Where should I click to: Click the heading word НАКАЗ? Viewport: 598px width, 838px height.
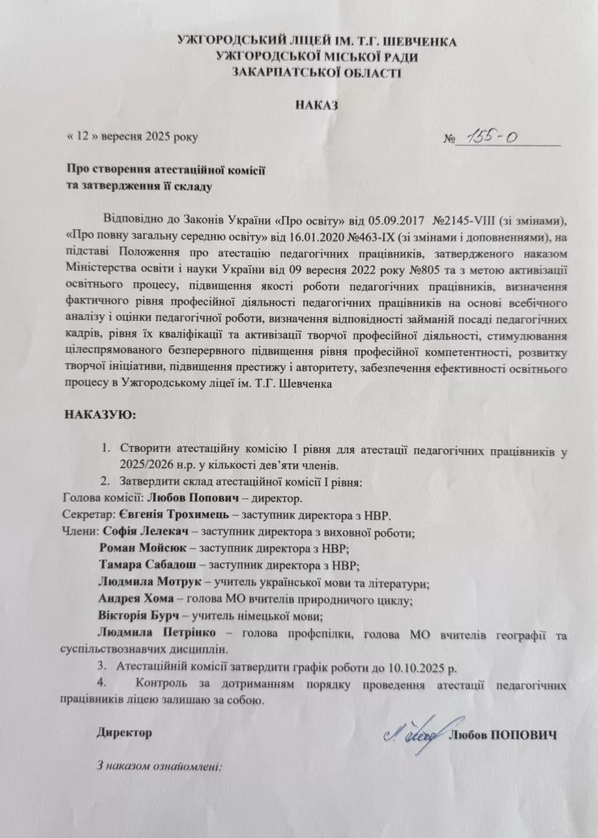click(315, 106)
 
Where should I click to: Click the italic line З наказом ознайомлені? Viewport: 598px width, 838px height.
click(160, 767)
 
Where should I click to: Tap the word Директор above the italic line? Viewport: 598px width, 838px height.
click(125, 732)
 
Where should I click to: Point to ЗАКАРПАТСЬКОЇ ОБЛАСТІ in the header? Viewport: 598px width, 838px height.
click(317, 71)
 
